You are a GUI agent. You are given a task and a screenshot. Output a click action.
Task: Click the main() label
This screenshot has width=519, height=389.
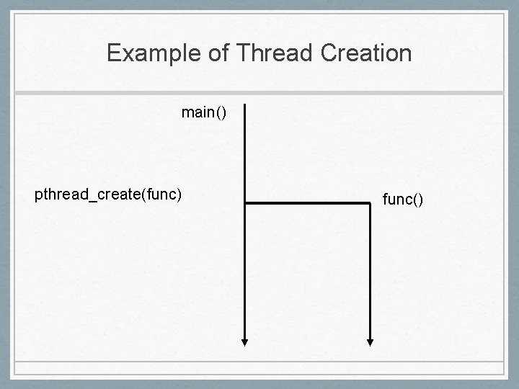pos(204,113)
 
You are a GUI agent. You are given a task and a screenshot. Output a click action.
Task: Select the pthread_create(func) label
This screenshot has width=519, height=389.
pos(108,194)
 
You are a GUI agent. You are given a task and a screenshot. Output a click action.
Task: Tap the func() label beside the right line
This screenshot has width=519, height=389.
pos(402,199)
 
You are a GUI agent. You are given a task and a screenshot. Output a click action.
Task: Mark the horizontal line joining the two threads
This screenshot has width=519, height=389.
pos(307,204)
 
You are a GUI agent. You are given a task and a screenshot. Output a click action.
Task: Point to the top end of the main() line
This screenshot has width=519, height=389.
pos(245,106)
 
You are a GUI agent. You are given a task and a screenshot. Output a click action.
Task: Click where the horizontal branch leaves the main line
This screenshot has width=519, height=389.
pos(246,204)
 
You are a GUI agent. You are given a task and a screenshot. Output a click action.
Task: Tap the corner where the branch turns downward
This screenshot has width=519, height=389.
pos(369,204)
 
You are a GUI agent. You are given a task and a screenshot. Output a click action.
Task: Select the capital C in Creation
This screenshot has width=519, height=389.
pos(323,53)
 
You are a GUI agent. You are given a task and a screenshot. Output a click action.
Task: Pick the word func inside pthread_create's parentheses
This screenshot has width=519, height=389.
pos(161,194)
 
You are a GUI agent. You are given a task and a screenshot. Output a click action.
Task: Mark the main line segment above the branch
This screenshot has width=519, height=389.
pos(245,155)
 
